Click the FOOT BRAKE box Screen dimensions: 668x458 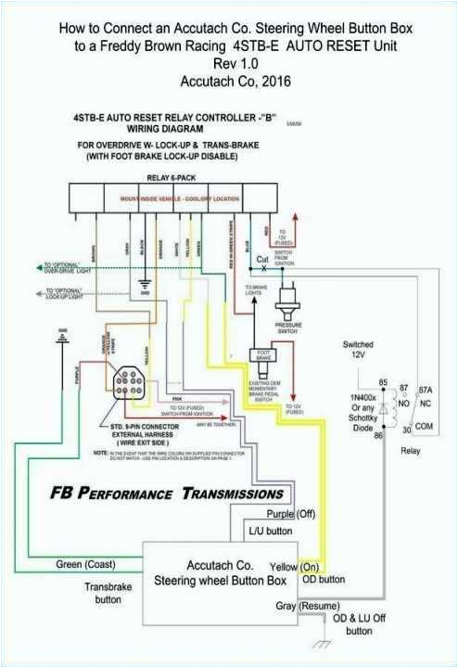[262, 356]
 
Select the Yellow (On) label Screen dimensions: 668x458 [296, 566]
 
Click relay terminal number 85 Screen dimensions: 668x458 [382, 382]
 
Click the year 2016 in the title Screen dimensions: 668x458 [274, 81]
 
